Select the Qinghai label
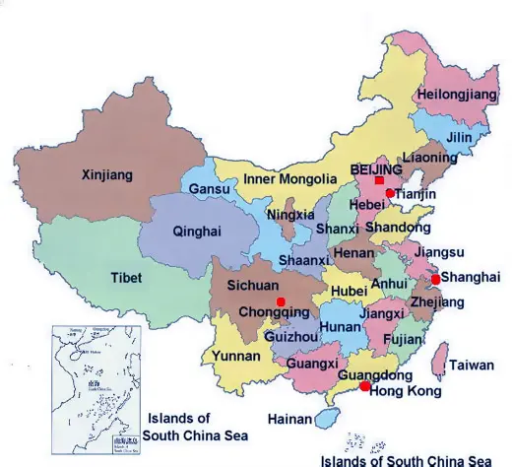pos(197,232)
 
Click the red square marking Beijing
pos(379,180)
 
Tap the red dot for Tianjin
pos(390,193)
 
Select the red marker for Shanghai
pos(435,279)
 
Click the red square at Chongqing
pos(281,300)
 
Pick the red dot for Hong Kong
pos(365,387)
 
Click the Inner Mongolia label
pos(289,179)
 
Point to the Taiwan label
pos(472,366)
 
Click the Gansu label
pos(209,188)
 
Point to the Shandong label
pos(398,228)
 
